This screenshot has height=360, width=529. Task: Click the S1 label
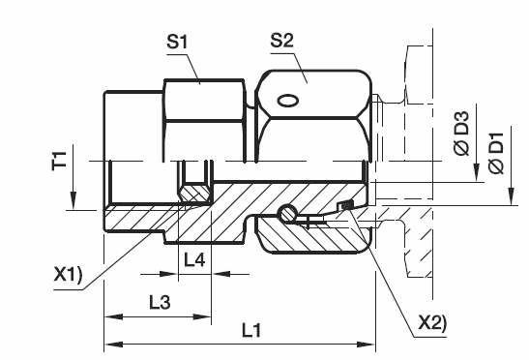click(x=177, y=42)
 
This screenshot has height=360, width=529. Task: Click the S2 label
click(x=282, y=41)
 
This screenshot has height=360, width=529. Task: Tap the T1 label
click(x=59, y=161)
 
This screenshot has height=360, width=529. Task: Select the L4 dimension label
click(x=194, y=260)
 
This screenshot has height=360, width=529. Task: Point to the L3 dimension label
click(x=160, y=302)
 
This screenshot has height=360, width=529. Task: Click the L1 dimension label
click(x=251, y=330)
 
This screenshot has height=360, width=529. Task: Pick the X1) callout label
click(x=68, y=274)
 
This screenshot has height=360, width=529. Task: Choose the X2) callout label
click(x=432, y=322)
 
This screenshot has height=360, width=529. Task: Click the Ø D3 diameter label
click(x=461, y=134)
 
